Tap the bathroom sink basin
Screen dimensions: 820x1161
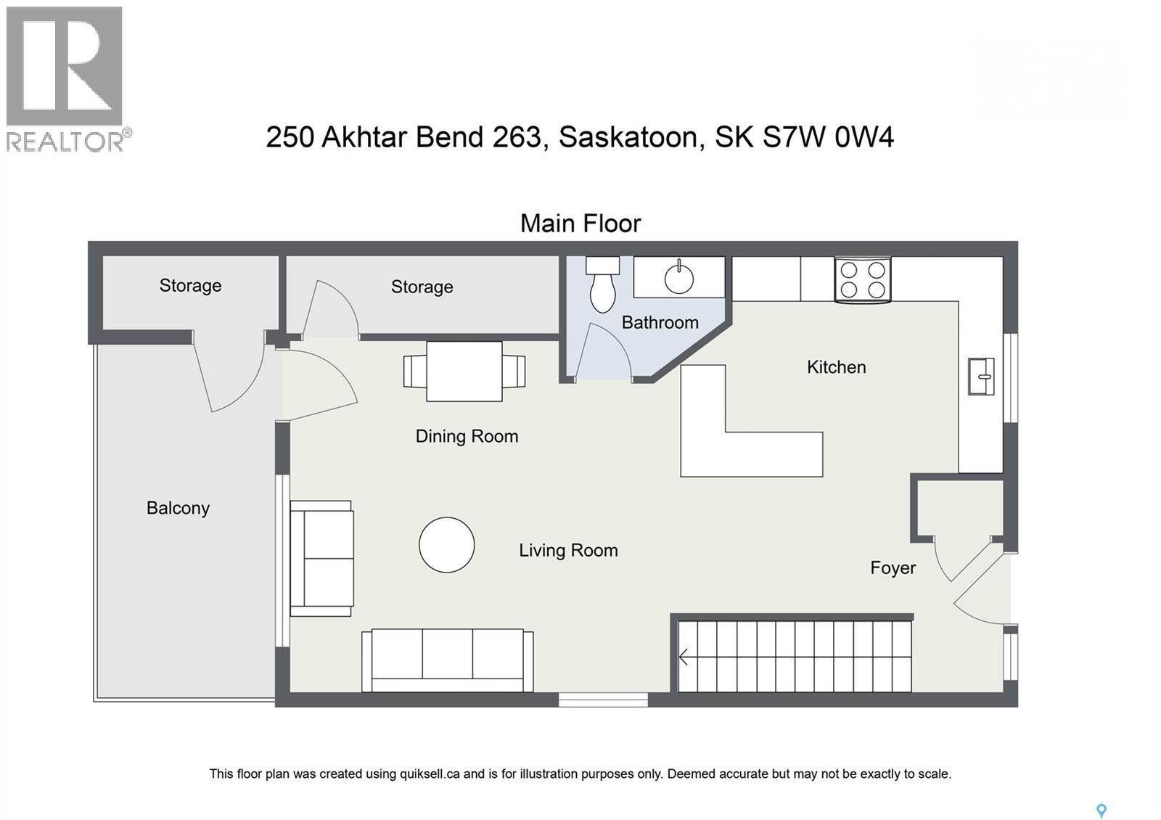(x=679, y=278)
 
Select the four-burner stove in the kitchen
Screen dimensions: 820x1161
(x=863, y=280)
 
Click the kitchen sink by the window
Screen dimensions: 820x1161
(x=981, y=376)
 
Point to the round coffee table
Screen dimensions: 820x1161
(x=446, y=545)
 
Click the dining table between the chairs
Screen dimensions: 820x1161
(x=464, y=372)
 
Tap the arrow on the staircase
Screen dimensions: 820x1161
(x=684, y=657)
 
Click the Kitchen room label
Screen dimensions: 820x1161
(x=836, y=367)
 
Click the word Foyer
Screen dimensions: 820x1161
(x=893, y=568)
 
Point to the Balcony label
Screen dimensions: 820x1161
(x=178, y=508)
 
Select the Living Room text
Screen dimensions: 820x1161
(x=568, y=551)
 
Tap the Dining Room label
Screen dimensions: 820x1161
(x=467, y=436)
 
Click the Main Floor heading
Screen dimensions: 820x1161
(x=580, y=224)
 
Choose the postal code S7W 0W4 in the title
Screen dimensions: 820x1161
(x=827, y=137)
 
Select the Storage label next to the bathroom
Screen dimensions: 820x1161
(x=422, y=287)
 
